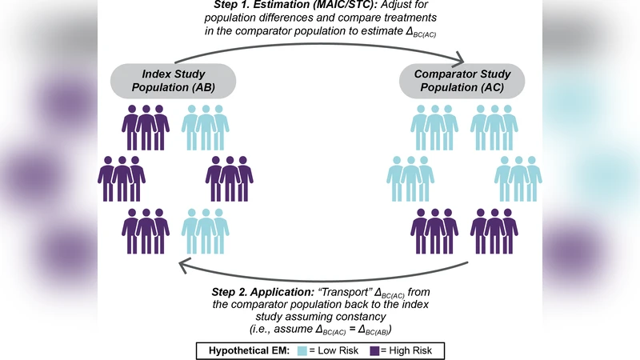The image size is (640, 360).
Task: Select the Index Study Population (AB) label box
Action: coord(173,82)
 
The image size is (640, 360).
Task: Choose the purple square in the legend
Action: coord(377,350)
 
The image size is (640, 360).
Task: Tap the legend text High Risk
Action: coord(408,350)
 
